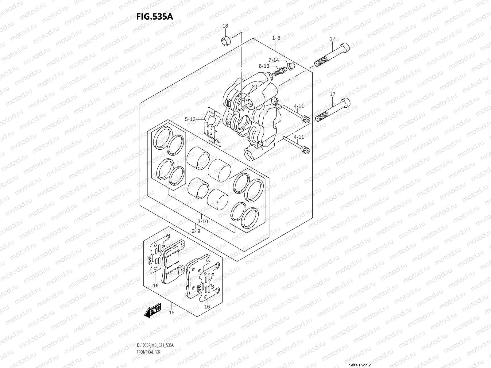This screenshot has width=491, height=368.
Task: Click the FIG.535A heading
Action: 155,17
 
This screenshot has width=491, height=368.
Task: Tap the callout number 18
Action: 225,26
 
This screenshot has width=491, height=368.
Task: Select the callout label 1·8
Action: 276,38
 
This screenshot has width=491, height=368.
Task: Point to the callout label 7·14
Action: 273,60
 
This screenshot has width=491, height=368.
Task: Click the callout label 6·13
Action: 264,66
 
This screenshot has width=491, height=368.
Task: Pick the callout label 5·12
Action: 190,119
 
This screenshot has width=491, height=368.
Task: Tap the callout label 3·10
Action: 203,221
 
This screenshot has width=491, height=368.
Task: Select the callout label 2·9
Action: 196,231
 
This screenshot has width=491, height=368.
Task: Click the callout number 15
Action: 172,312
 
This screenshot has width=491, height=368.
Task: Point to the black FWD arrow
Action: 153,310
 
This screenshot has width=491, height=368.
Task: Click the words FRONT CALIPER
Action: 149,352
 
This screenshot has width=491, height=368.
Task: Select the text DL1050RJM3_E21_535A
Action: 155,345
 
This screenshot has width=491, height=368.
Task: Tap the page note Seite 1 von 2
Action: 360,365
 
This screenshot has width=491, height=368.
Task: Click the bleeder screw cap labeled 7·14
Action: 291,66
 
